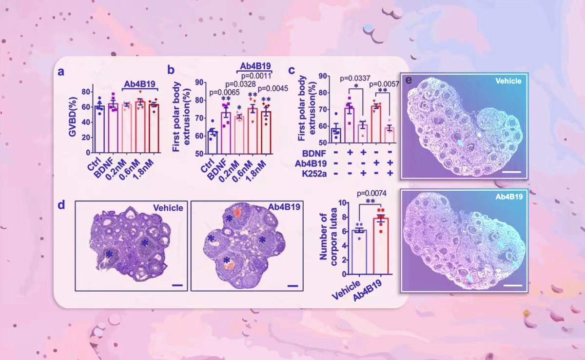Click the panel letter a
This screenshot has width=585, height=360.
coord(61,71)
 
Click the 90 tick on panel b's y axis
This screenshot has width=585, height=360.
coord(199,82)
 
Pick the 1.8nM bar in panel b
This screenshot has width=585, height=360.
coord(266,132)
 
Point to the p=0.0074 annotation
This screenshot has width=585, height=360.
coord(371,193)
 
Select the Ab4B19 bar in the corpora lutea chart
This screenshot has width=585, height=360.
coord(380,246)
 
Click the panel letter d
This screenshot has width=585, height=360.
coord(61,205)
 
